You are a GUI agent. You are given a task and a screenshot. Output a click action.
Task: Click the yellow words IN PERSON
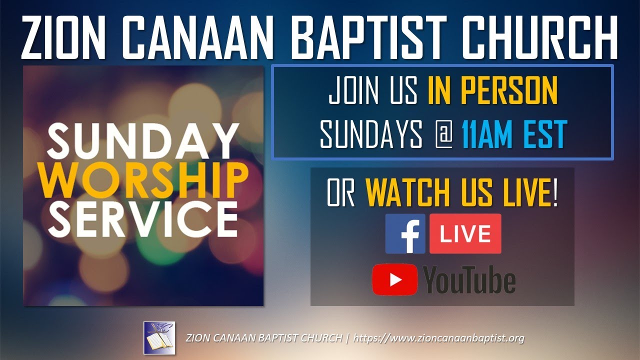coord(492,91)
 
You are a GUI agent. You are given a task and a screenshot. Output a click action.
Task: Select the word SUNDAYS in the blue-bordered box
coord(370,134)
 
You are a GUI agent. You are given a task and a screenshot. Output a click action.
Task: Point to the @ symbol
coord(442,134)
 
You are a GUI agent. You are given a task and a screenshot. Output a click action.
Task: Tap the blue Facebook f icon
coord(405,234)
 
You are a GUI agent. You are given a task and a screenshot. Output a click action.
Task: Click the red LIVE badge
coord(465,234)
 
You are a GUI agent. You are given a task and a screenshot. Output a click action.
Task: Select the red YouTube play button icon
coord(395,279)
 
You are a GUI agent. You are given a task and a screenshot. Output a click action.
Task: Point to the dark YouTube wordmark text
coord(469,280)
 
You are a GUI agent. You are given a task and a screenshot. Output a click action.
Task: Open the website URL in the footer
coord(438,338)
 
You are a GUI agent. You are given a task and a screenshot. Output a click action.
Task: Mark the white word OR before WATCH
coord(341,192)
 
